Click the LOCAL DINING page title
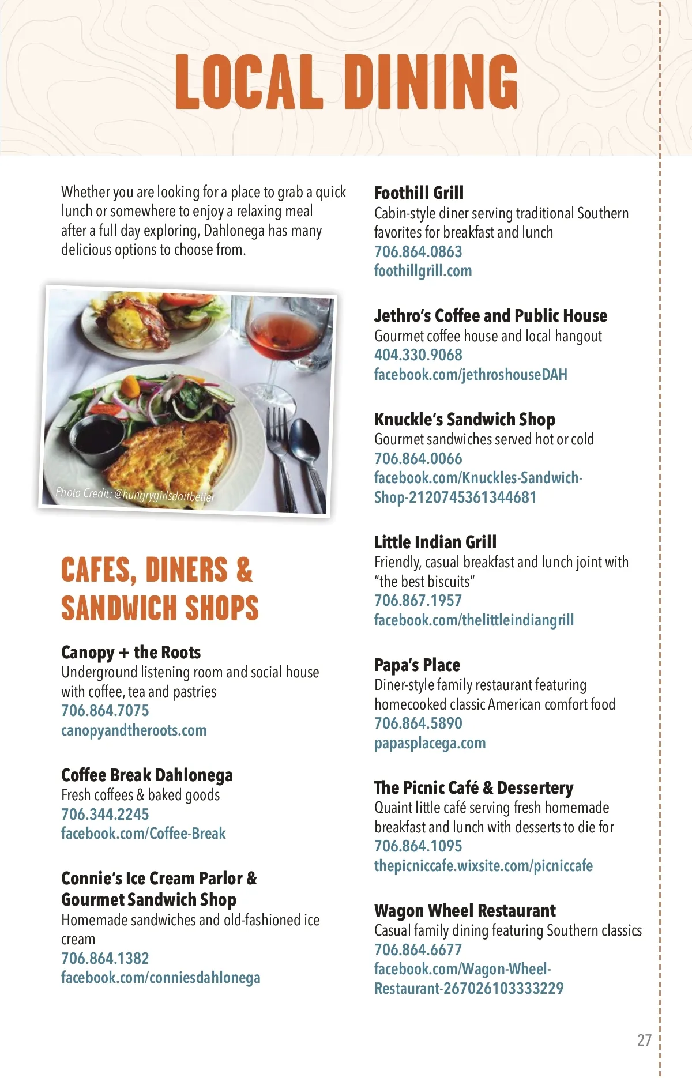346,82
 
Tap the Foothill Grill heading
419,193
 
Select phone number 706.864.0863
418,251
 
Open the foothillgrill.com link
423,271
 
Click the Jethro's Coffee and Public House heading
490,316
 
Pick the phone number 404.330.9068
418,355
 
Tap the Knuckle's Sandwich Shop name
464,419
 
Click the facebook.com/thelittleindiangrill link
474,620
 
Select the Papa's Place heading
417,665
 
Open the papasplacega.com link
430,743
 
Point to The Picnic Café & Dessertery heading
473,787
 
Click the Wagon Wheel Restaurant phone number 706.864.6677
418,949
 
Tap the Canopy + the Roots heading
131,653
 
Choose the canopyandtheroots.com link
134,730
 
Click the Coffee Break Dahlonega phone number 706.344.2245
105,814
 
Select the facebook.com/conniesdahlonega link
160,978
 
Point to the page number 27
644,1040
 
